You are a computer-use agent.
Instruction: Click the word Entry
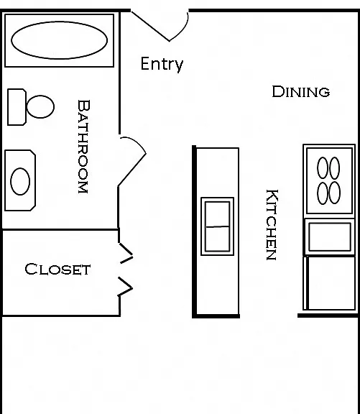click(x=162, y=64)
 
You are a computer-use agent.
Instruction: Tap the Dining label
click(x=301, y=91)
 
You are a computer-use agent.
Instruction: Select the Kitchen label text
click(x=272, y=225)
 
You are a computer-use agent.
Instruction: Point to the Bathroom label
click(x=83, y=147)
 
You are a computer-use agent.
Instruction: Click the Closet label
click(x=57, y=269)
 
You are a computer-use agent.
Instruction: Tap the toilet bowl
click(x=41, y=106)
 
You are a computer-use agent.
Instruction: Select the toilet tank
click(x=17, y=107)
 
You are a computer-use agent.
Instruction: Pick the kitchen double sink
click(x=218, y=226)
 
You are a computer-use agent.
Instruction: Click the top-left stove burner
click(x=323, y=168)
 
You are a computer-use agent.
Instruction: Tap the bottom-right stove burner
click(x=335, y=193)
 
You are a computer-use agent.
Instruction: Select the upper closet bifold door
click(x=126, y=253)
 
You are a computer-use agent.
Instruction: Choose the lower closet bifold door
click(x=125, y=286)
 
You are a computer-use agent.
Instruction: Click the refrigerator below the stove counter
click(x=329, y=282)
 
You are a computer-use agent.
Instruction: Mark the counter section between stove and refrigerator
click(x=330, y=237)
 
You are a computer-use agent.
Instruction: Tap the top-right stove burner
click(x=335, y=168)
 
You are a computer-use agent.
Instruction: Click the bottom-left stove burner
click(x=323, y=193)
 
